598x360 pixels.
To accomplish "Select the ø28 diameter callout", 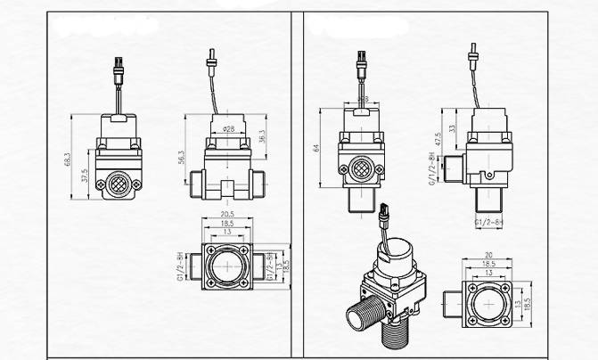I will pyautogui.click(x=228, y=129).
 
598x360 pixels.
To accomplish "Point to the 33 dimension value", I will pyautogui.click(x=454, y=127).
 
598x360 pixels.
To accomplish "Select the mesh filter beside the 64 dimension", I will pyautogui.click(x=362, y=168).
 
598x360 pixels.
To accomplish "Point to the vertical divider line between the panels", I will pyautogui.click(x=299, y=178).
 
